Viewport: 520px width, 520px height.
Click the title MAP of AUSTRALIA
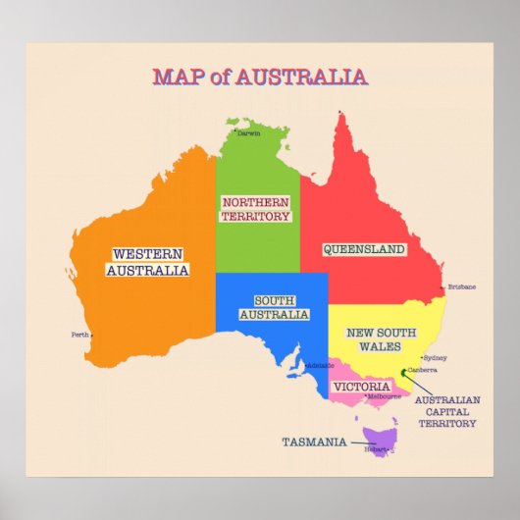260,77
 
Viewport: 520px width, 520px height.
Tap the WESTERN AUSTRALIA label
147,261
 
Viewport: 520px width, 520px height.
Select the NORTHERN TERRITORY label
255,209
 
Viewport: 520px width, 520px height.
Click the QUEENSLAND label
364,249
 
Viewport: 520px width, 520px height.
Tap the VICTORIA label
361,387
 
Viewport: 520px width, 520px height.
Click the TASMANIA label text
314,442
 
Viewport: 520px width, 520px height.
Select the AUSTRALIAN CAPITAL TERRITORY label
447,412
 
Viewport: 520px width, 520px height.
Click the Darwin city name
249,133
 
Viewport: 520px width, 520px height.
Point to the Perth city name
80,335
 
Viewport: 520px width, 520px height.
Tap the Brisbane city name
462,286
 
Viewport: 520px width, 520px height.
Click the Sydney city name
435,358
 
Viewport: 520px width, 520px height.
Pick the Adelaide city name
321,365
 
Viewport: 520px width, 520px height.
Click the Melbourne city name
384,396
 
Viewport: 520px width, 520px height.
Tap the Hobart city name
377,449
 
